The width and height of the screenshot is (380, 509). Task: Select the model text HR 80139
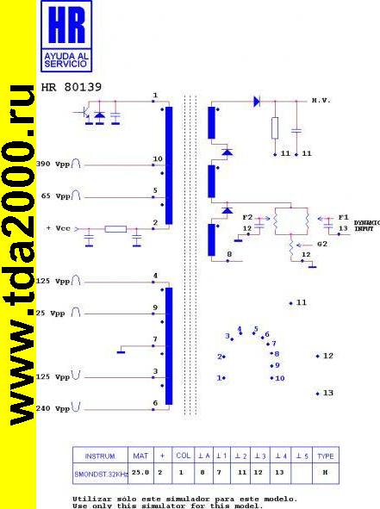[x=72, y=87]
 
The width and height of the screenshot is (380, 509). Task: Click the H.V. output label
[x=321, y=100]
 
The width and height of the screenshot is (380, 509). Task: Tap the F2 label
[x=247, y=217]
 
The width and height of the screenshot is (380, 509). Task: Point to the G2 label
[x=322, y=244]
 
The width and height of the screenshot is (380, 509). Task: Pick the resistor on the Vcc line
[x=115, y=229]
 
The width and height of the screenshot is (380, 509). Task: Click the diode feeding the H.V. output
[x=257, y=101]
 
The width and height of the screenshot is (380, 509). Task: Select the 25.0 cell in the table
[x=140, y=473]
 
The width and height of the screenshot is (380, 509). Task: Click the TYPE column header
[x=326, y=456]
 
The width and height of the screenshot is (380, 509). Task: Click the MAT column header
[x=140, y=456]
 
